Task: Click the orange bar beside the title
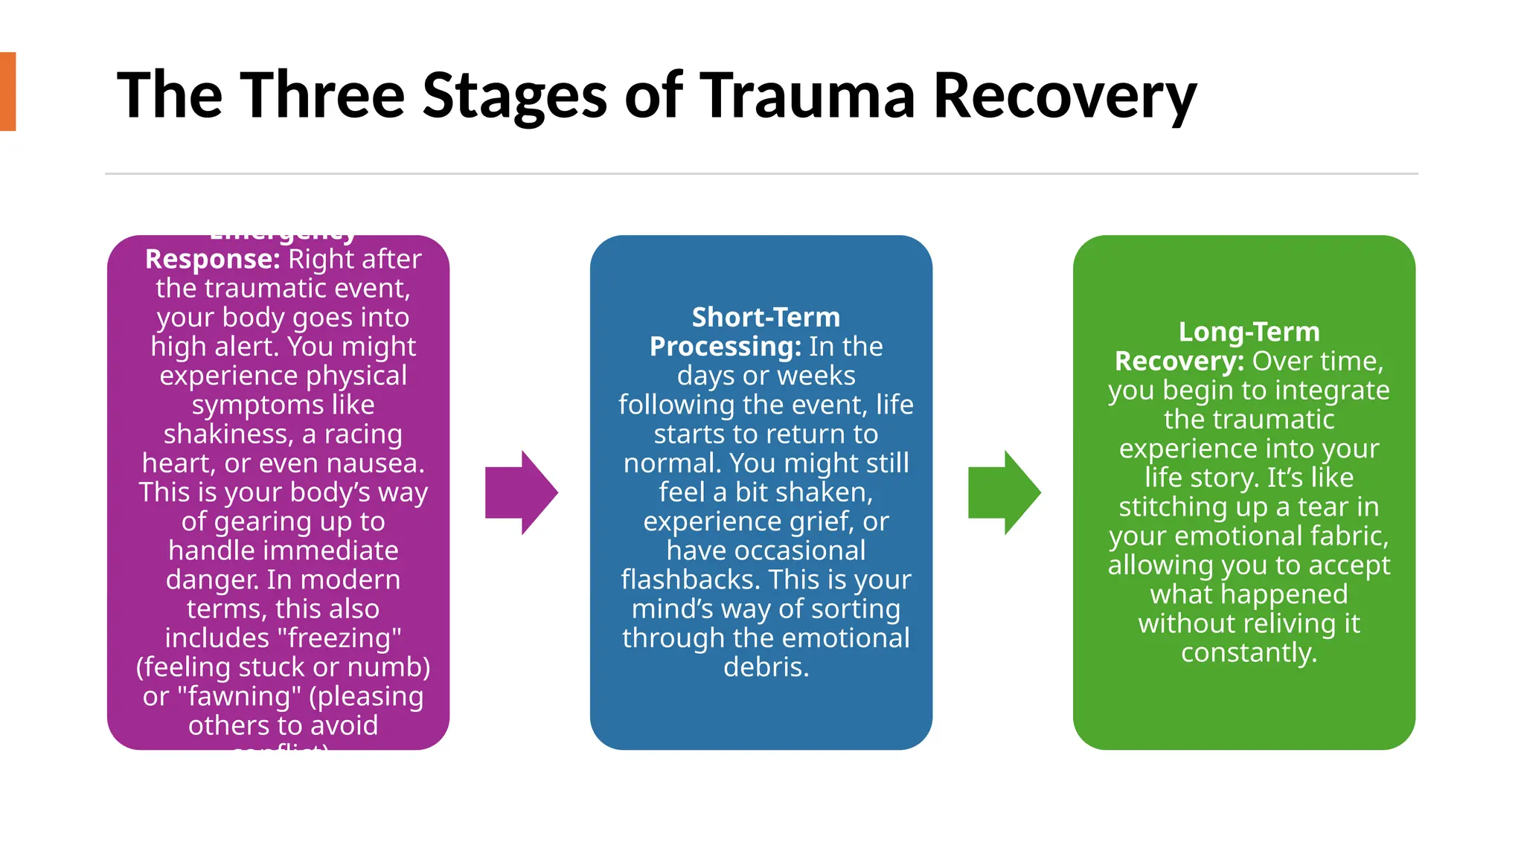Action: click(7, 92)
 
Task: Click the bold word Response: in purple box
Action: click(212, 259)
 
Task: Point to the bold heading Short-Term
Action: click(766, 317)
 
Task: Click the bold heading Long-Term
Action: click(1249, 331)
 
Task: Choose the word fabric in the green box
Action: click(1345, 536)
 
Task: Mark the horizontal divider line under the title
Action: click(761, 173)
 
